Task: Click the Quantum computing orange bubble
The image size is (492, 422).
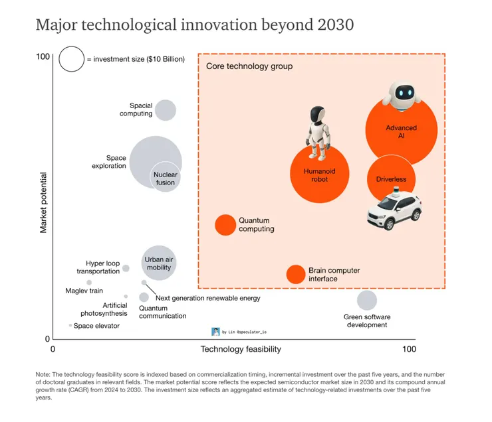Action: click(225, 225)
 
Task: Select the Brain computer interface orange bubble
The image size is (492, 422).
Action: click(295, 274)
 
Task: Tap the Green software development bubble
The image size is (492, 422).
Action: click(366, 300)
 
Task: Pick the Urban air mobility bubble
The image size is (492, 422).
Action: click(158, 262)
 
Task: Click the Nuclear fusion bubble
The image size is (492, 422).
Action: click(165, 177)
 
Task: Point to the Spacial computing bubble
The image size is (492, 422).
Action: click(165, 110)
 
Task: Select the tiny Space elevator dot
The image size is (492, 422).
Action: click(70, 325)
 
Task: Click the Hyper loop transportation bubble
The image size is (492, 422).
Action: click(126, 268)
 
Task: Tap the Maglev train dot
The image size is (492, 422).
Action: click(89, 283)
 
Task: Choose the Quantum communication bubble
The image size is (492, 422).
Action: click(144, 297)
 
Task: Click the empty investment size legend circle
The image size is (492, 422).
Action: click(71, 58)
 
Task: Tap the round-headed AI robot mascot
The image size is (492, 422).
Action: click(402, 96)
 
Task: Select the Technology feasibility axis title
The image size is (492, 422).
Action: click(241, 349)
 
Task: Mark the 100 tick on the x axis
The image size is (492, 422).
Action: click(409, 349)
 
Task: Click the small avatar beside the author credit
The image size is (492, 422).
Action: click(215, 331)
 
